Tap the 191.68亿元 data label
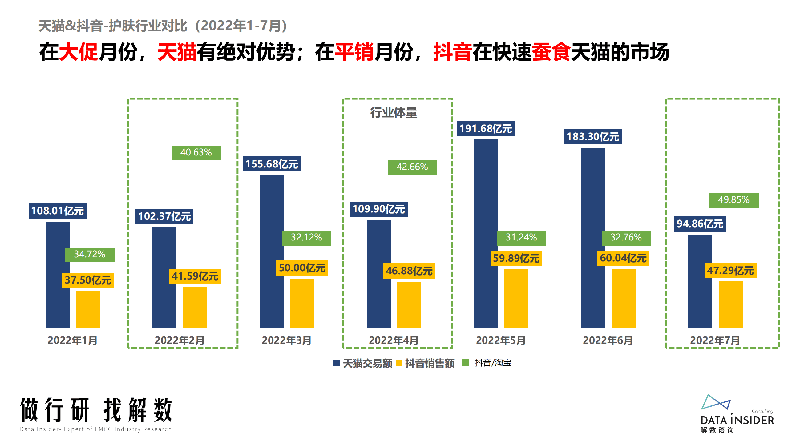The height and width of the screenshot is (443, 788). [x=485, y=128]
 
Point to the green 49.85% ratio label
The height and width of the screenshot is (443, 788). [x=733, y=200]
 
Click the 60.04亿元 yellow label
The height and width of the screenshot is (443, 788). [x=623, y=258]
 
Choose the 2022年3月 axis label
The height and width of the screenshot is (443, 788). [x=286, y=340]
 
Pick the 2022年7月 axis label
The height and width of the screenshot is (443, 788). [x=715, y=340]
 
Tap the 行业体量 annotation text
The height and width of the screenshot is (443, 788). [x=393, y=112]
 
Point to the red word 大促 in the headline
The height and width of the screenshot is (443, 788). [x=78, y=52]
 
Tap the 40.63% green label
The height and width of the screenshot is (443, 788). [x=196, y=153]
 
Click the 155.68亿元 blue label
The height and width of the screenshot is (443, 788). [x=271, y=164]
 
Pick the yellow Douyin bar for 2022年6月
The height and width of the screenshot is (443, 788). [x=623, y=298]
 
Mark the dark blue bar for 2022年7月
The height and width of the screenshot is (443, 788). [x=700, y=281]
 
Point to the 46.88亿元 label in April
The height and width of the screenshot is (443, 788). [x=409, y=271]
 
